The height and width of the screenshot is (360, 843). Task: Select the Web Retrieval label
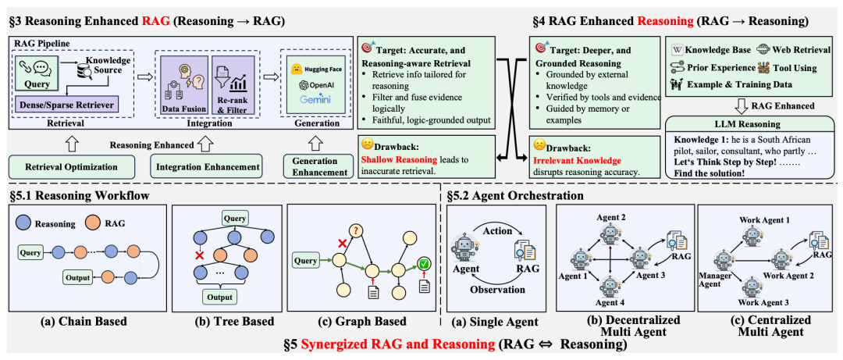click(x=790, y=48)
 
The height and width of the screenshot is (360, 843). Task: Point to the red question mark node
click(x=357, y=230)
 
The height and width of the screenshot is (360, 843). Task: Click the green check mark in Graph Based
click(x=422, y=265)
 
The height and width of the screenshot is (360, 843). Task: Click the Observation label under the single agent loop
click(x=496, y=289)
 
